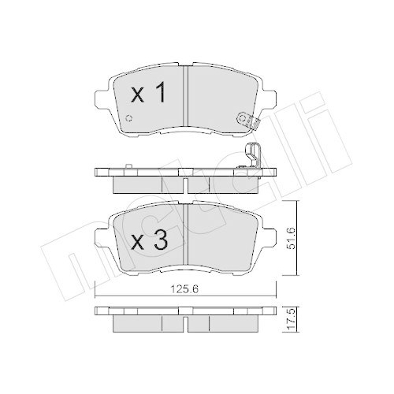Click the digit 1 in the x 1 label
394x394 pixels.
click(160, 95)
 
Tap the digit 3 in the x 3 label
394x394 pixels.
click(160, 241)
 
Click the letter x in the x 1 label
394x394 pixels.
click(136, 96)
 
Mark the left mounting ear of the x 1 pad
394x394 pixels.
click(99, 101)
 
